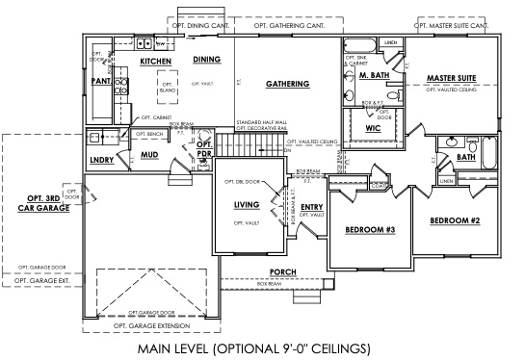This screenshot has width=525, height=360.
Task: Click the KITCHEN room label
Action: (x=155, y=61)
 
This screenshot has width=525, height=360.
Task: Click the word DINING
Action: (x=206, y=60)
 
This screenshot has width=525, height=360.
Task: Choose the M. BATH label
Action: (x=373, y=75)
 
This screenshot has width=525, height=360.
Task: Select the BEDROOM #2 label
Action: (x=454, y=220)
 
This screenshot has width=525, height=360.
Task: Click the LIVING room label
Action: (x=248, y=205)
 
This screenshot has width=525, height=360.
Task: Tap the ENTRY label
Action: (x=311, y=207)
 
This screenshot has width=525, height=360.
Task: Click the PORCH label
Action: (x=282, y=271)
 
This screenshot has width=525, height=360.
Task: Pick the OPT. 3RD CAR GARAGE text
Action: (x=41, y=205)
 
